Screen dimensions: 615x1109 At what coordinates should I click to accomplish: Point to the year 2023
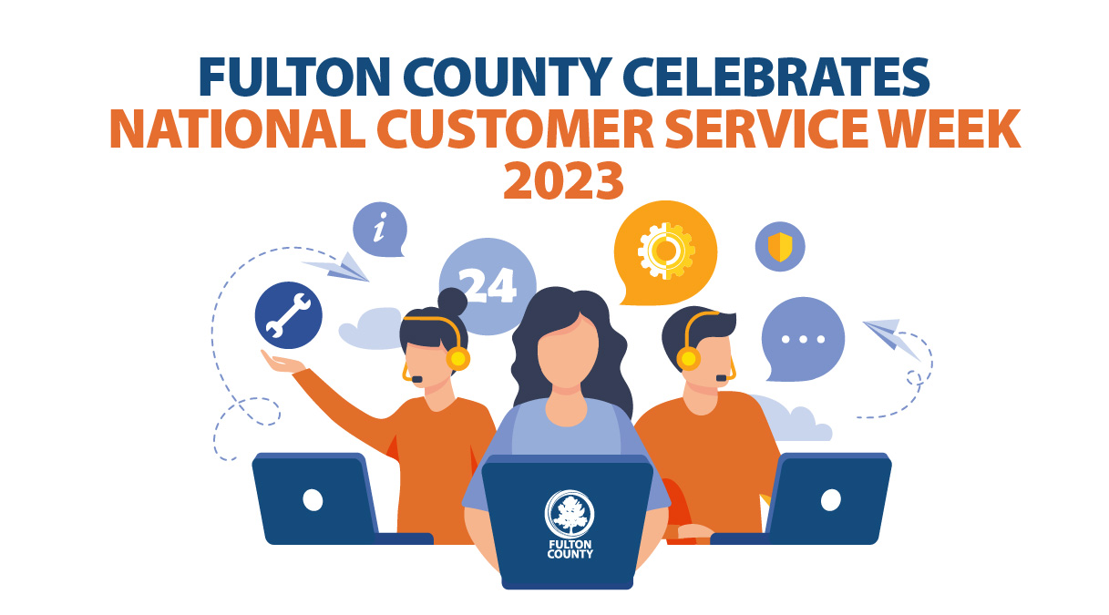point(563,180)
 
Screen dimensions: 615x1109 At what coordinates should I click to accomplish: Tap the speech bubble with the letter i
point(379,230)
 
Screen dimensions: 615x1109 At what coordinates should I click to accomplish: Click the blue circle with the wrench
point(288,315)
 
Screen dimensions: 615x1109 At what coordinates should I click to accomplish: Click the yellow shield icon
point(780,247)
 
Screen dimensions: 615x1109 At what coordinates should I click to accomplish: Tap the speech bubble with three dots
point(803,338)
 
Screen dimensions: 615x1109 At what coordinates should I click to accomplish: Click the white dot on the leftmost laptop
point(313,499)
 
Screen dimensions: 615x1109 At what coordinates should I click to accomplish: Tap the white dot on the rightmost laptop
point(830,499)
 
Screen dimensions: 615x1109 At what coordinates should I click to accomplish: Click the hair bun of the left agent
point(453,302)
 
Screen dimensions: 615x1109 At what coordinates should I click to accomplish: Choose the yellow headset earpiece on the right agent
point(689,358)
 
